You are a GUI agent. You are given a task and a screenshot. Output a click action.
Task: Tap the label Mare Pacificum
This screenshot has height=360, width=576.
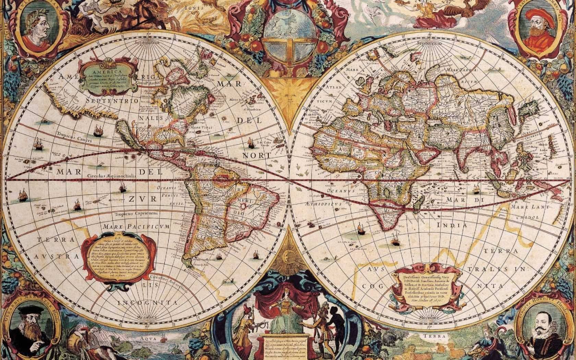tap(136, 227)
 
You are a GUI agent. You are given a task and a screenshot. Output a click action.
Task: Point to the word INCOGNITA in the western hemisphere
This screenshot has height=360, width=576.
tap(148, 303)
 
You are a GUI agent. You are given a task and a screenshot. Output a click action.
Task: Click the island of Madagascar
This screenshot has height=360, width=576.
tap(418, 204)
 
